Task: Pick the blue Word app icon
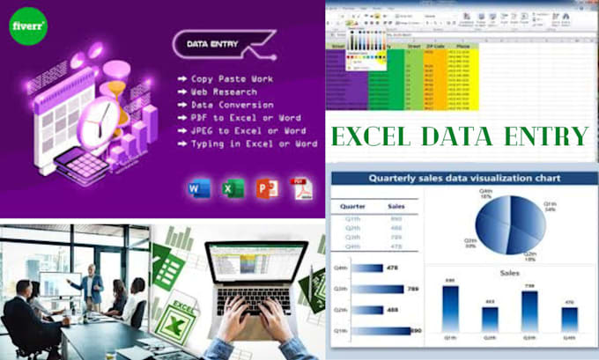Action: click(x=200, y=188)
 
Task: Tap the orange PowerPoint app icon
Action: click(x=266, y=188)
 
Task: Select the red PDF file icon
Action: click(x=301, y=188)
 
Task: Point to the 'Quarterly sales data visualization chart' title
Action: click(x=462, y=179)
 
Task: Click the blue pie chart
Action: click(x=506, y=223)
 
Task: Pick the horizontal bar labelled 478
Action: click(x=369, y=268)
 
